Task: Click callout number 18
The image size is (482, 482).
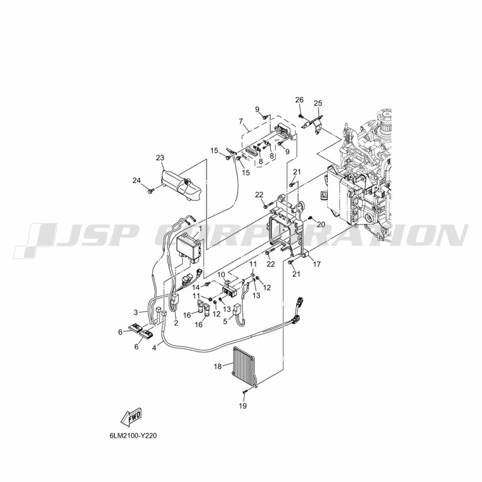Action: click(218, 366)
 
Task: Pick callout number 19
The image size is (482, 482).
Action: click(243, 406)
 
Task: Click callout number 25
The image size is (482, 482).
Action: click(318, 104)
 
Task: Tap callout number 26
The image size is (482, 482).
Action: click(299, 100)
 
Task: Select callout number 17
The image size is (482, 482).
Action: click(317, 264)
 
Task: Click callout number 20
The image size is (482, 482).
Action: click(321, 225)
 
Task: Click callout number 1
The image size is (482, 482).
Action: click(200, 228)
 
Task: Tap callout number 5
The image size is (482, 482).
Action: click(225, 321)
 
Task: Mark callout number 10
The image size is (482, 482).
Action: click(222, 274)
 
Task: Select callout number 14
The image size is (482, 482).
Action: click(197, 287)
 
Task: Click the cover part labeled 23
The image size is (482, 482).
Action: click(181, 186)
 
